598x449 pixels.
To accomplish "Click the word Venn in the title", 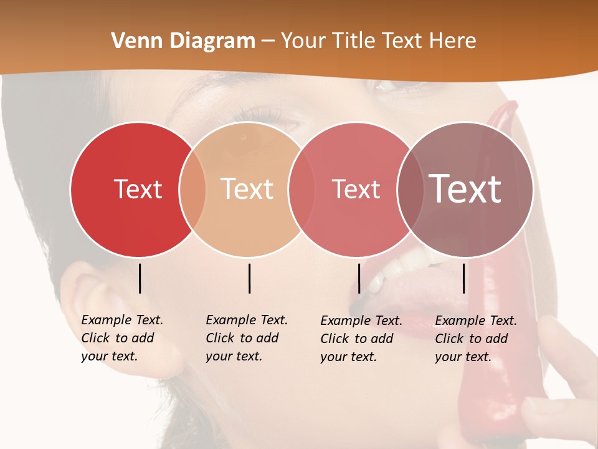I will pos(132,41).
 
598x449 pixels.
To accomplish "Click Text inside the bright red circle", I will pos(138,189).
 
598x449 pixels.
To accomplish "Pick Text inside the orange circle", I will pos(247,189).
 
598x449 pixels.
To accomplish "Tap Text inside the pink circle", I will pos(356,189).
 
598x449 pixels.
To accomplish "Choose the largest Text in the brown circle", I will pos(465,189).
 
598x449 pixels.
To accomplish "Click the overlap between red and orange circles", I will pos(192,189).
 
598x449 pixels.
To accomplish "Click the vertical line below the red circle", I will pos(140,278).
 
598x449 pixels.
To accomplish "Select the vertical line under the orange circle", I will pos(249,278).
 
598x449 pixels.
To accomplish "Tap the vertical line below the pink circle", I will pos(359,278).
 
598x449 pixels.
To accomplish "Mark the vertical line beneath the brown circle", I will pos(463,278).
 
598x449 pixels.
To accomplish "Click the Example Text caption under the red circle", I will pos(121,338).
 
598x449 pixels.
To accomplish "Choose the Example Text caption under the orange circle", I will pos(246,338).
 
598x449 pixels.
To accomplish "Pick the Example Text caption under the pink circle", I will pos(361,339).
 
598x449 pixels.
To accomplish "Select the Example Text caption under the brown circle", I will pos(475,339).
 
